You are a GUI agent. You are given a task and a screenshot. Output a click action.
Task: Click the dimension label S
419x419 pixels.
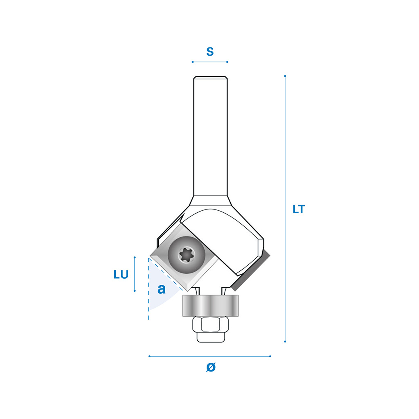(x=210, y=52)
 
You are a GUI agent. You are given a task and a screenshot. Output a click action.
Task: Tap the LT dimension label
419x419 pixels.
(x=299, y=209)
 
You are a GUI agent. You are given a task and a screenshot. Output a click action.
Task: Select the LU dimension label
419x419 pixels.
(x=121, y=275)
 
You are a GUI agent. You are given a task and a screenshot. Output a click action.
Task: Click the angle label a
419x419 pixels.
(x=161, y=289)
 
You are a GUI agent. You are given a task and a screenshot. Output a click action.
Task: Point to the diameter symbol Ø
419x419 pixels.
(x=211, y=367)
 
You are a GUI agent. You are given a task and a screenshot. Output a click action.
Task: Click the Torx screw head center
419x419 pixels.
(x=187, y=255)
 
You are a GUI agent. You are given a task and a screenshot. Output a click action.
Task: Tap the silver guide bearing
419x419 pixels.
(x=210, y=306)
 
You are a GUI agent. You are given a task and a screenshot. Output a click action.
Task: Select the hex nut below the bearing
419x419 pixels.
(x=211, y=324)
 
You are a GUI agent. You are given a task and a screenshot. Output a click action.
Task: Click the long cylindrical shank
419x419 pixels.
(x=211, y=136)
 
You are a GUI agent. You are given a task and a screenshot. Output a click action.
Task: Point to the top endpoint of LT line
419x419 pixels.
(x=285, y=76)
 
